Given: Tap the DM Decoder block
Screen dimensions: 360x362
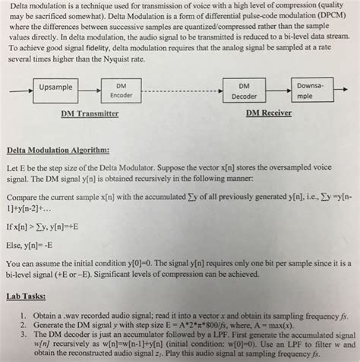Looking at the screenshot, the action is tap(244, 91).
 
